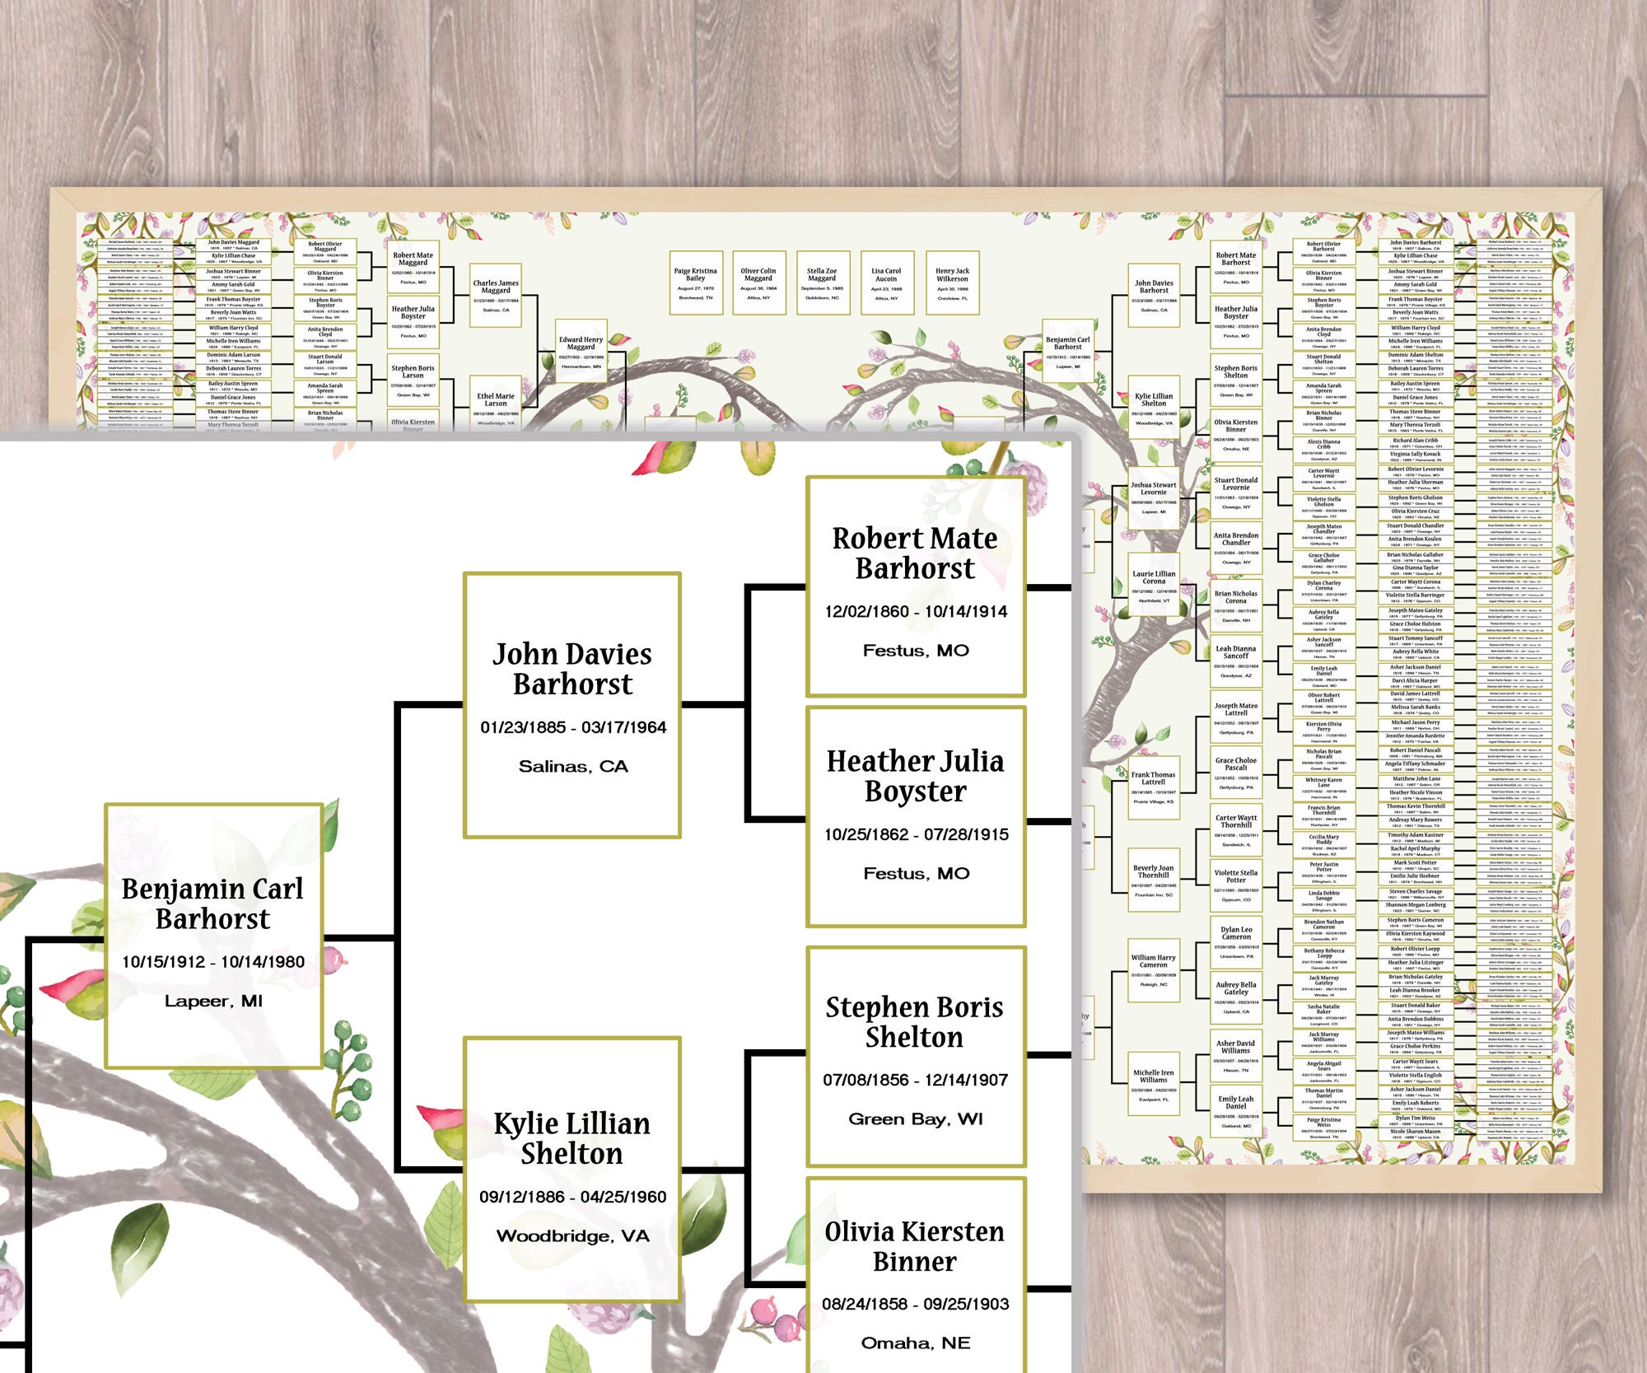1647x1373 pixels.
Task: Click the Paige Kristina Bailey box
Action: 696,283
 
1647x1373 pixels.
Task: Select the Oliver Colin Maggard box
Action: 758,283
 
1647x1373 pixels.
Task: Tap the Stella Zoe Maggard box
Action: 822,283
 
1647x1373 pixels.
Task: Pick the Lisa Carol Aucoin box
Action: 886,283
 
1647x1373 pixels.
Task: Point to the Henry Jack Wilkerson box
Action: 953,283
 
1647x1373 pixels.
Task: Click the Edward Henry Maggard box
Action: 581,351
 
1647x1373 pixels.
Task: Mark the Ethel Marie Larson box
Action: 496,404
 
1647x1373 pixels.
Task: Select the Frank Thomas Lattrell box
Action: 1153,787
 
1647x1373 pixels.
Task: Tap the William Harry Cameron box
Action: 1153,969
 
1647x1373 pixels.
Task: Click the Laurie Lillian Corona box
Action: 1154,586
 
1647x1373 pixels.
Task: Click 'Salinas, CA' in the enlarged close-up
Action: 573,767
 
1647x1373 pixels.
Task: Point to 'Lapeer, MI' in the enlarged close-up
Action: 213,1002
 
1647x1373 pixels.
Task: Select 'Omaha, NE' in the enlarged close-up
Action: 916,1343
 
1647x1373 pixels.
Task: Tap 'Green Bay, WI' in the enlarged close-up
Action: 916,1119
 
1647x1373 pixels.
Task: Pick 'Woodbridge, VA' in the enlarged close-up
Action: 573,1236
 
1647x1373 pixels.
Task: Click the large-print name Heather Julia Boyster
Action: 916,776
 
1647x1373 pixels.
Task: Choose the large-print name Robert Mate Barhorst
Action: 915,553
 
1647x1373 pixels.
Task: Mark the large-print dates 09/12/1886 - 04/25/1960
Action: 573,1198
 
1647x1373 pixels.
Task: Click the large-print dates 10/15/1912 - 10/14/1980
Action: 213,962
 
